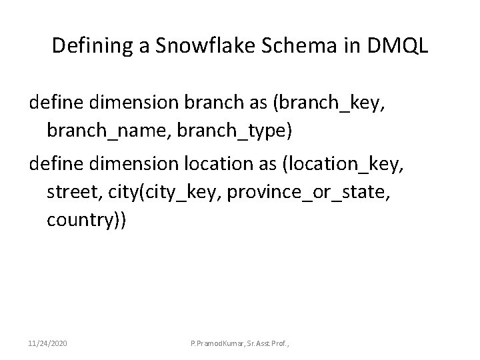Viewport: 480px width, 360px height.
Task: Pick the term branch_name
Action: [x=107, y=131]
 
